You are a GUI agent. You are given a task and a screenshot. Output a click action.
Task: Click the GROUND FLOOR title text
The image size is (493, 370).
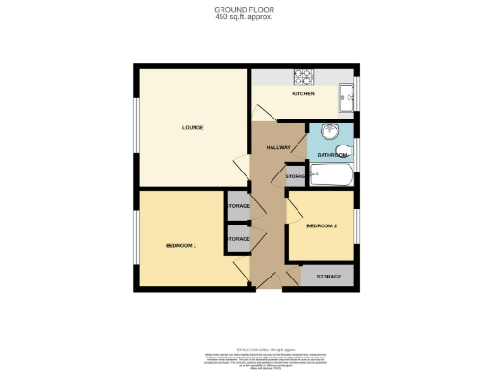pyautogui.click(x=246, y=10)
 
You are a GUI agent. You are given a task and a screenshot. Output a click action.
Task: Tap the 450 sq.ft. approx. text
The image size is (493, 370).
pyautogui.click(x=246, y=17)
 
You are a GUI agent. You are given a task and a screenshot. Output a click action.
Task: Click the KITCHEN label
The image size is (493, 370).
pyautogui.click(x=303, y=93)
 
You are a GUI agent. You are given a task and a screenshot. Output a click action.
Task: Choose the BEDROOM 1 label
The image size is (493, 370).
pyautogui.click(x=181, y=245)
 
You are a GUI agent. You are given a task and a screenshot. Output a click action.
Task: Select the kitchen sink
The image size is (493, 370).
pyautogui.click(x=348, y=95)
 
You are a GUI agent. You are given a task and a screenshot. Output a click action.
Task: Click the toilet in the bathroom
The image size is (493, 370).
pyautogui.click(x=346, y=152)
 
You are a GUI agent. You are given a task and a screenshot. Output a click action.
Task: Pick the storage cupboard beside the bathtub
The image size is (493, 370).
pyautogui.click(x=295, y=177)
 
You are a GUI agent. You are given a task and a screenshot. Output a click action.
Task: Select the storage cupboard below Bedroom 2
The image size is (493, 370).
pyautogui.click(x=327, y=276)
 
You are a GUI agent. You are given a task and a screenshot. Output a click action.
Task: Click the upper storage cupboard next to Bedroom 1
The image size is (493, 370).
pyautogui.click(x=238, y=206)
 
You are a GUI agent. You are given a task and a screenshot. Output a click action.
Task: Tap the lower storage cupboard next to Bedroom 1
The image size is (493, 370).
pyautogui.click(x=238, y=239)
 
